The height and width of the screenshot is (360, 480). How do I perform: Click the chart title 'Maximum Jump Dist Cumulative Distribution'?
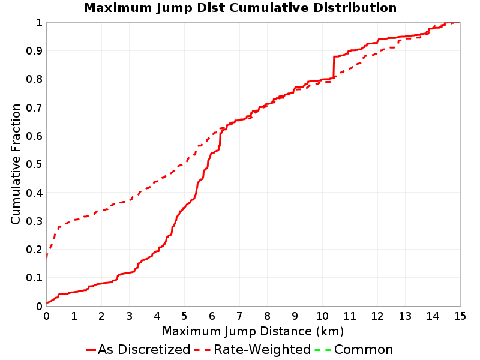(x=240, y=8)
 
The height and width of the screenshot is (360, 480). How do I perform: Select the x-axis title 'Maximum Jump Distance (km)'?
(x=253, y=332)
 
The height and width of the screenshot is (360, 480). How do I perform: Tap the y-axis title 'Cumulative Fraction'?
(x=16, y=164)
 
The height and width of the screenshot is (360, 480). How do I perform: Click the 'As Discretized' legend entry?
(x=138, y=350)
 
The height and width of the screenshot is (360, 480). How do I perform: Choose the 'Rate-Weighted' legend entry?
(x=253, y=350)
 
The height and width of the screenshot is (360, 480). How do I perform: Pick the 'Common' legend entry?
(x=354, y=350)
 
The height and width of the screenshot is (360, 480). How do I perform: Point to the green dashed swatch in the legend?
(x=323, y=350)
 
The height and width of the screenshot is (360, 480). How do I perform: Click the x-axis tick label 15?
(x=460, y=316)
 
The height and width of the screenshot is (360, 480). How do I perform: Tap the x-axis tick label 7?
(x=239, y=316)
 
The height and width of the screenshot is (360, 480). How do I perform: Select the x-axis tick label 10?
(x=322, y=316)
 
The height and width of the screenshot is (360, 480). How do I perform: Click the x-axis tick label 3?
(x=129, y=316)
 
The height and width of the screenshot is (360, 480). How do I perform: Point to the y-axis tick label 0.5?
(x=34, y=164)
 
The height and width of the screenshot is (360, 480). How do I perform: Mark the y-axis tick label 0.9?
(x=34, y=51)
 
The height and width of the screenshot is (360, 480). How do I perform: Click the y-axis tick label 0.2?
(x=34, y=250)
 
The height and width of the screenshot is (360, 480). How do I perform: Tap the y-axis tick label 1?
(x=39, y=23)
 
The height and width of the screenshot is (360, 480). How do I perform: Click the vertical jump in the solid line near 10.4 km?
(x=334, y=67)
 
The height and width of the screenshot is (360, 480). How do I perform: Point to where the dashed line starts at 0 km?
(x=47, y=257)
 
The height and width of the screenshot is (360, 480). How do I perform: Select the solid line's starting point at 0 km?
(x=47, y=303)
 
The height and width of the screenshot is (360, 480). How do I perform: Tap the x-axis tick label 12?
(x=377, y=316)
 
